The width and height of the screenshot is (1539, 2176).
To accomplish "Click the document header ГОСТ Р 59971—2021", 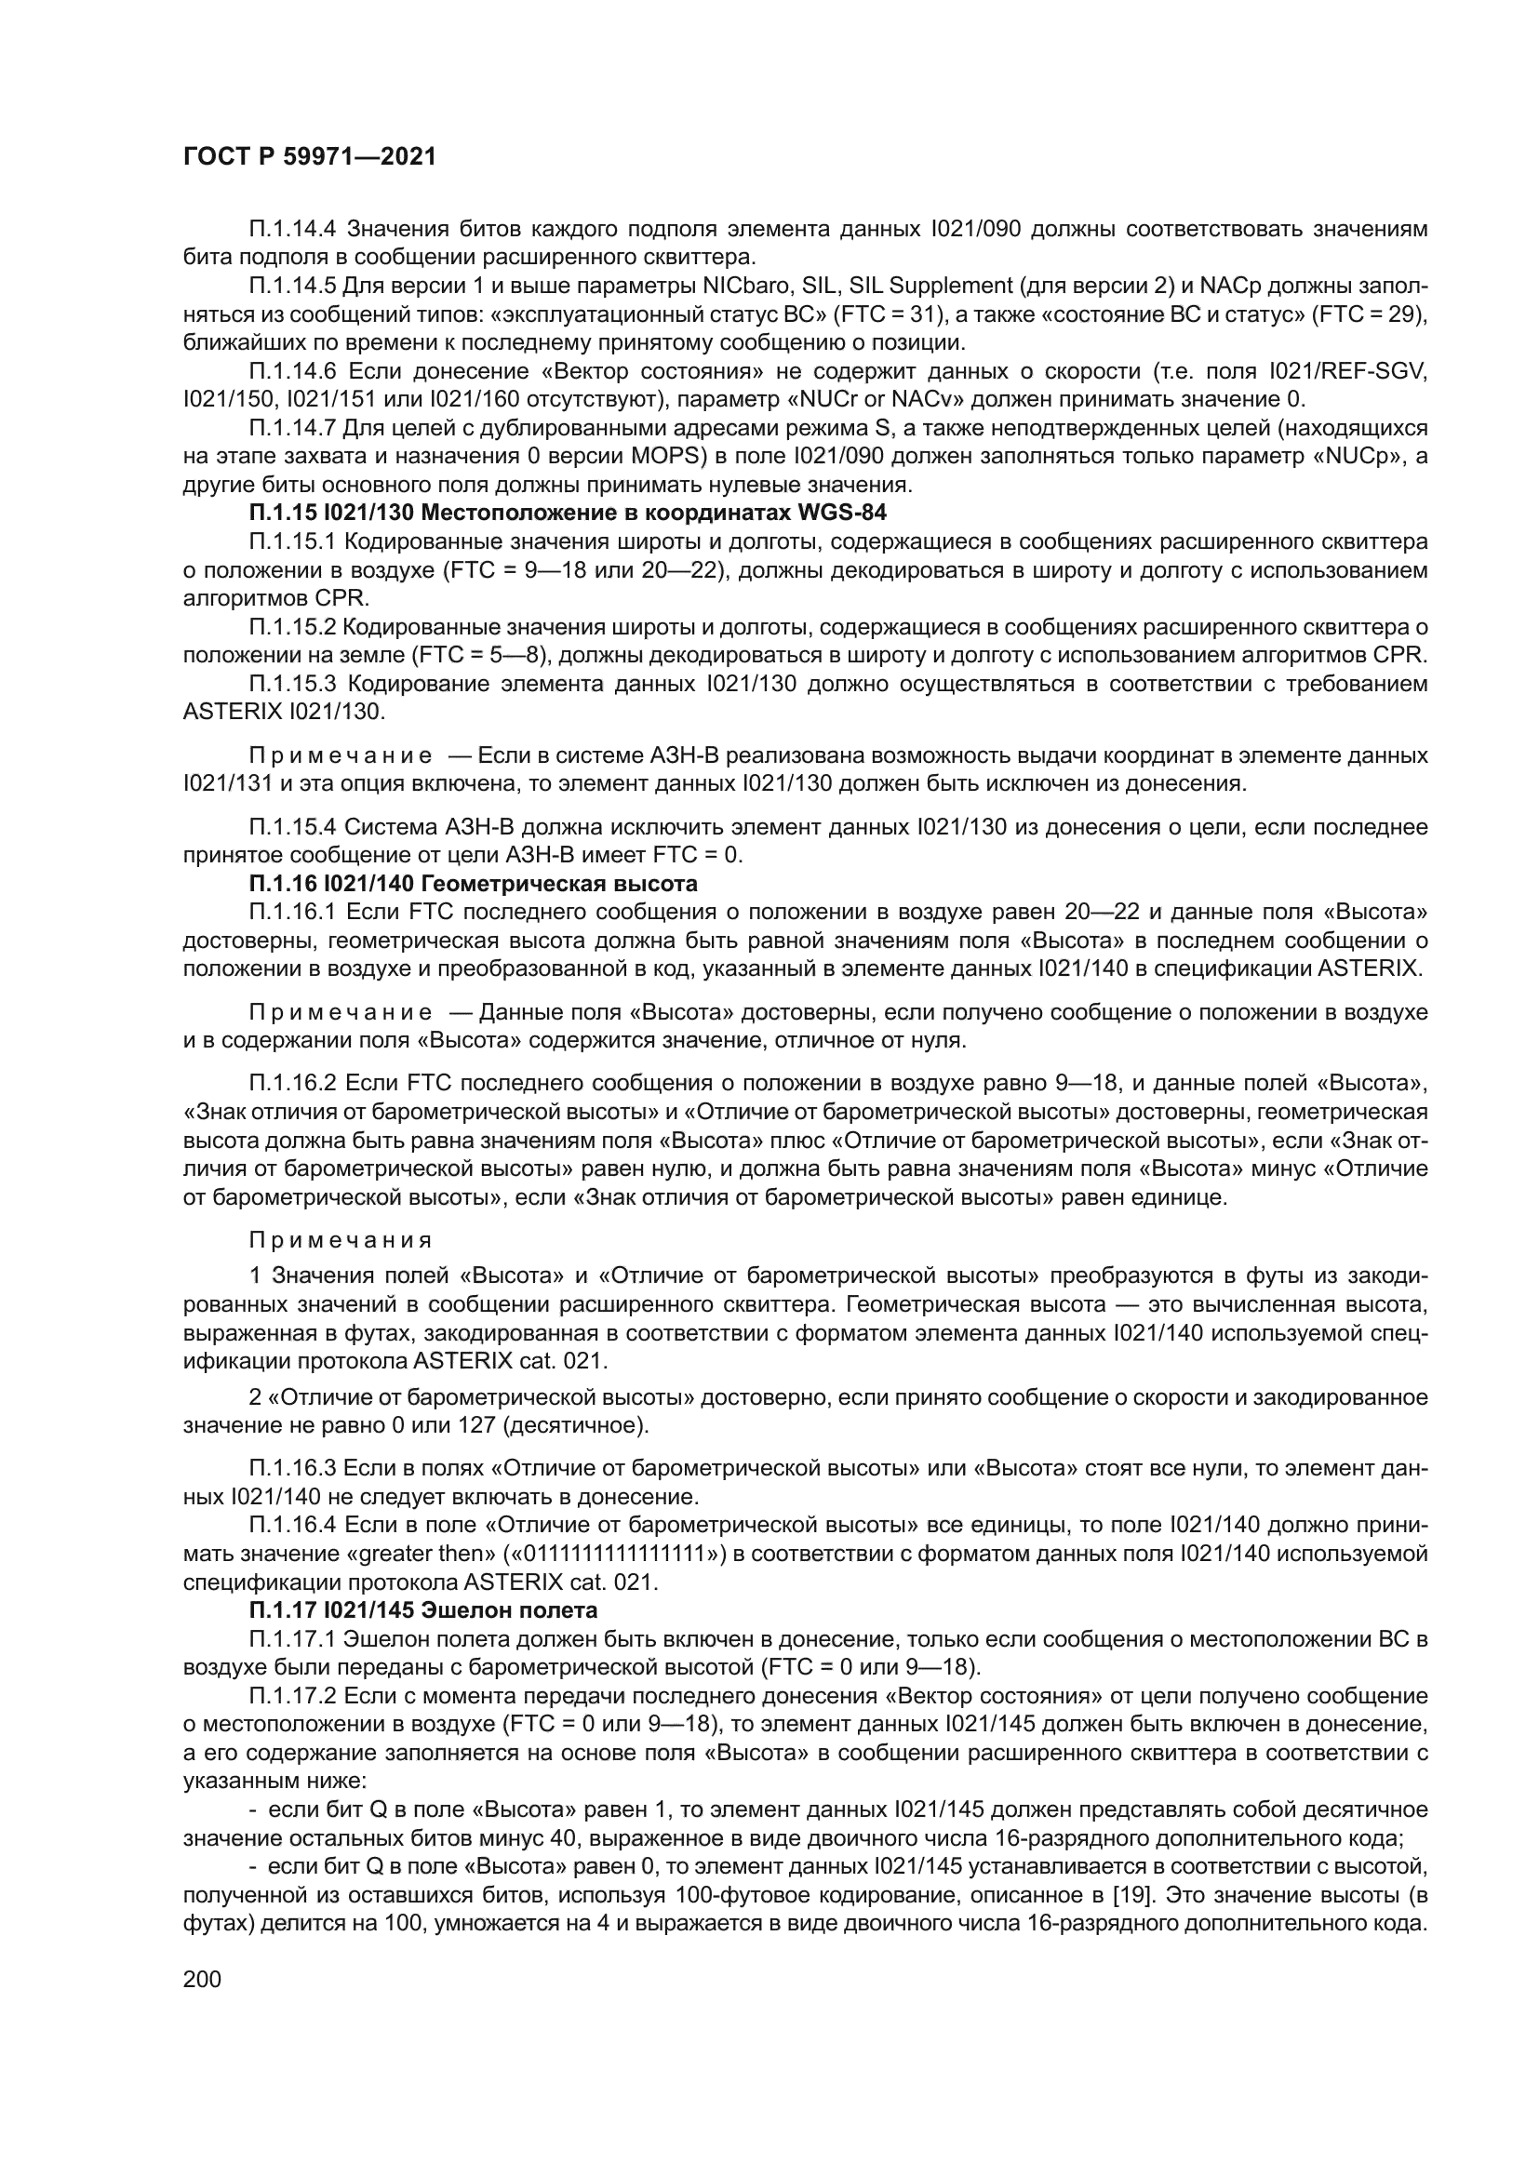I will pyautogui.click(x=309, y=157).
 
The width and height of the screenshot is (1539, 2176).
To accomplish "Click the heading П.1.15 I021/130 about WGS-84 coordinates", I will pyautogui.click(x=568, y=513).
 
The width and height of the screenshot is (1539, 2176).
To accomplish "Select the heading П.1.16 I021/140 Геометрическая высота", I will pyautogui.click(x=473, y=883).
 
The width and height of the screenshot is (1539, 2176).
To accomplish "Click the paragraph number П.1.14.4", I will pyautogui.click(x=294, y=229).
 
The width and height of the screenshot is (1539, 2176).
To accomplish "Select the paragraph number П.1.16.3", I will pyautogui.click(x=293, y=1468).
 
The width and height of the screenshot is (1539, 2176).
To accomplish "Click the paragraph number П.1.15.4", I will pyautogui.click(x=293, y=826).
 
